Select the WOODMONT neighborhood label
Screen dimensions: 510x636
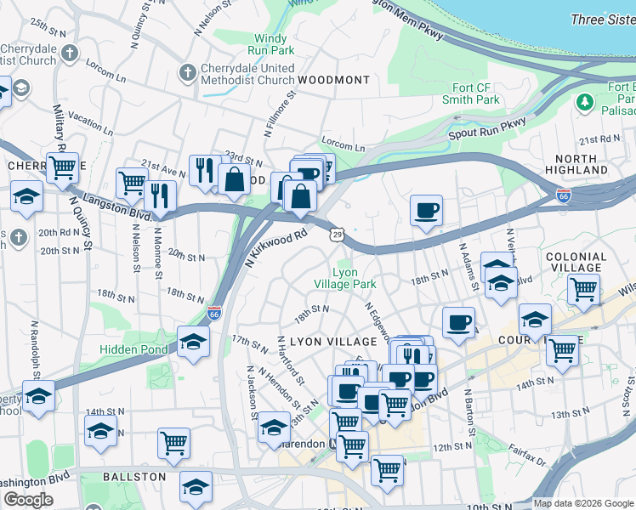(x=333, y=80)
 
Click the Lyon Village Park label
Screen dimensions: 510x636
(x=344, y=278)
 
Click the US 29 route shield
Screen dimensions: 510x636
(x=338, y=234)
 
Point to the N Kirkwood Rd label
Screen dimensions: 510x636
(x=275, y=246)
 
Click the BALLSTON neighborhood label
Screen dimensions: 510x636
(x=134, y=477)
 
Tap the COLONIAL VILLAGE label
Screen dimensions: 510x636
(x=576, y=262)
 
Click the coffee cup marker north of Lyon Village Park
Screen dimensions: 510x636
(x=426, y=209)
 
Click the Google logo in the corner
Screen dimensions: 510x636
(x=28, y=500)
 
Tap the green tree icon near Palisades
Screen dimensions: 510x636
(x=584, y=103)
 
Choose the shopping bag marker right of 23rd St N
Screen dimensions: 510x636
(x=234, y=179)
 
